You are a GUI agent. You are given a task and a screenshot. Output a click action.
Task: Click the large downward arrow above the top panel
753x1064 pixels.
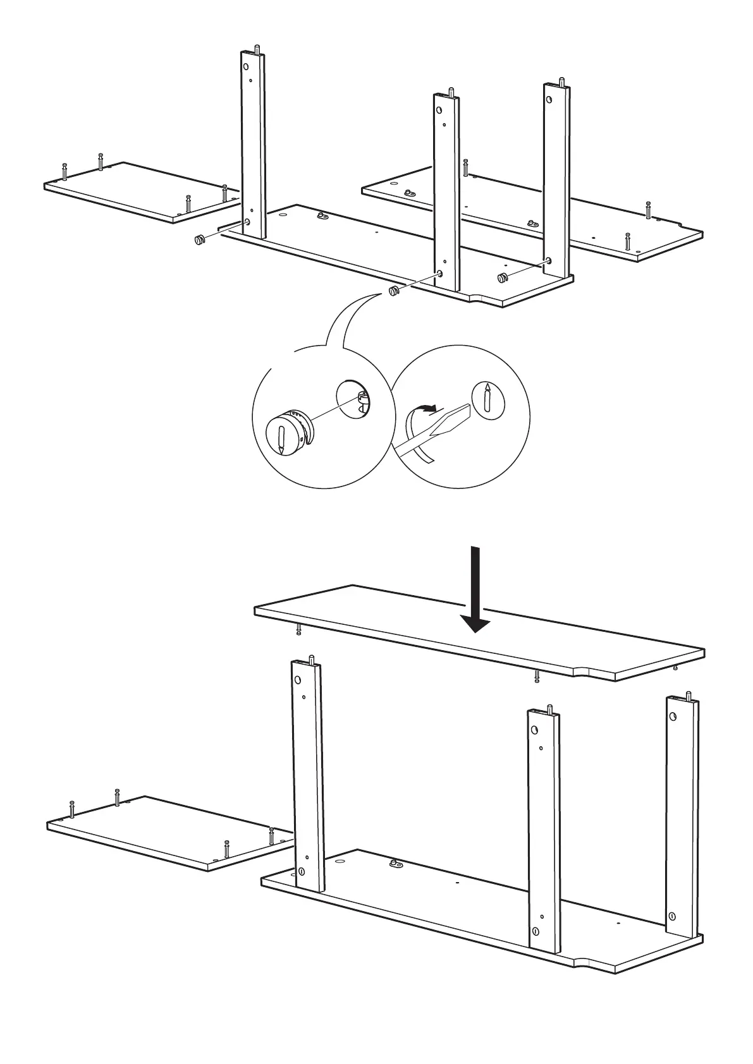(474, 591)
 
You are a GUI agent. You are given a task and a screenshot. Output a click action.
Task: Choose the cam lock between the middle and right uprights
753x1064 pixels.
(503, 277)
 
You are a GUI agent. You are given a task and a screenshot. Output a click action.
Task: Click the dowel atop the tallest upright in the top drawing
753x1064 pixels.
(256, 49)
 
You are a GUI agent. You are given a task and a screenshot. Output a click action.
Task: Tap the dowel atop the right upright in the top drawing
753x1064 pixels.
(561, 83)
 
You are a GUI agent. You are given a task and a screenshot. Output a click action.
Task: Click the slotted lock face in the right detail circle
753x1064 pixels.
(486, 399)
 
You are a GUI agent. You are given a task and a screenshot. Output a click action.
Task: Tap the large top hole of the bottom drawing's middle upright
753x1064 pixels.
(535, 730)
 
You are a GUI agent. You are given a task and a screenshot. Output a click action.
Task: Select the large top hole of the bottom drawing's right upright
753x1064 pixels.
(673, 716)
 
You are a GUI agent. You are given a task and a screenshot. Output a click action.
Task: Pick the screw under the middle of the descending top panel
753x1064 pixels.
(537, 677)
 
